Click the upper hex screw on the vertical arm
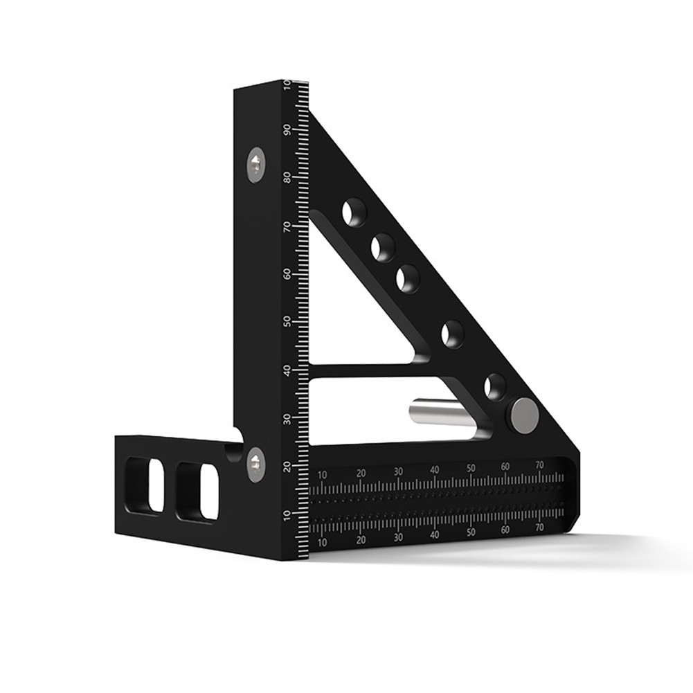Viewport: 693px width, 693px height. [x=256, y=165]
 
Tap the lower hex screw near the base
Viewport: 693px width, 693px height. [x=255, y=464]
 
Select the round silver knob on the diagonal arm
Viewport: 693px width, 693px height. [x=523, y=415]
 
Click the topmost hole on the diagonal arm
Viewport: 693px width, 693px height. [x=354, y=212]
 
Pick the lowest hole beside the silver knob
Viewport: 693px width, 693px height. [x=494, y=386]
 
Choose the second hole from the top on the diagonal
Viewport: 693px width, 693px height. [x=383, y=247]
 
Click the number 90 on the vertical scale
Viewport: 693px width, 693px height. [x=286, y=129]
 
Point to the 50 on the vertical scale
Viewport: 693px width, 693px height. [x=286, y=322]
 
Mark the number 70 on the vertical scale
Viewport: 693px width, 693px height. [x=286, y=226]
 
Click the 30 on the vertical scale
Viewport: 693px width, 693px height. [x=286, y=418]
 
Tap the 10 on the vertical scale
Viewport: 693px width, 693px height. [x=286, y=514]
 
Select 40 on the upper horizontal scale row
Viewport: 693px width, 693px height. [x=434, y=470]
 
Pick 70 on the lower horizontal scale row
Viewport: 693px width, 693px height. [x=539, y=528]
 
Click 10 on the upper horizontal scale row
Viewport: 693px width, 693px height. [x=323, y=475]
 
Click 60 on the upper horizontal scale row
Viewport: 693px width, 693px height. [x=505, y=467]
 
